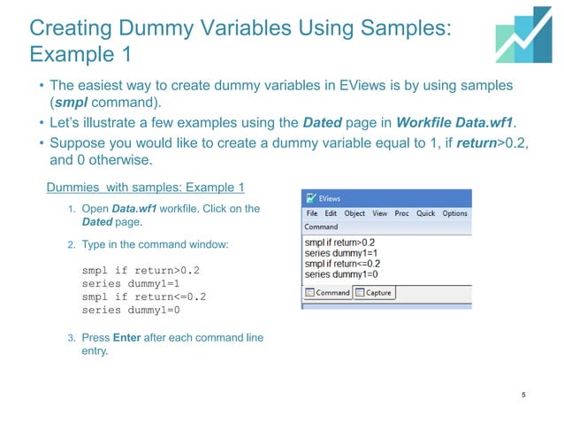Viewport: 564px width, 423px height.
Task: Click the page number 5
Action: [x=524, y=395]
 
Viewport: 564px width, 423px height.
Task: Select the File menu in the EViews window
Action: [x=311, y=213]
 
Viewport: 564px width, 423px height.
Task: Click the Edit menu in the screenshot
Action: [x=331, y=213]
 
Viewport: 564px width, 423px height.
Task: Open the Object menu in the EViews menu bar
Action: [x=354, y=213]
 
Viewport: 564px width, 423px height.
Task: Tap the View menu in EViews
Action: [x=380, y=213]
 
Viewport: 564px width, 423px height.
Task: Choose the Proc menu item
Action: [x=401, y=213]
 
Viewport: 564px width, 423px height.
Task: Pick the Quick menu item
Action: [x=425, y=213]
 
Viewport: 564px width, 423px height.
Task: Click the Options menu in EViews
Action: [x=454, y=213]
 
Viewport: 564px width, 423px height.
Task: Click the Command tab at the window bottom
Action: [x=328, y=293]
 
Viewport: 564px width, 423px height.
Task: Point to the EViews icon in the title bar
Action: [x=310, y=199]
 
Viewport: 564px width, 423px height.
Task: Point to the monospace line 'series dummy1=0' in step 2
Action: [x=130, y=311]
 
